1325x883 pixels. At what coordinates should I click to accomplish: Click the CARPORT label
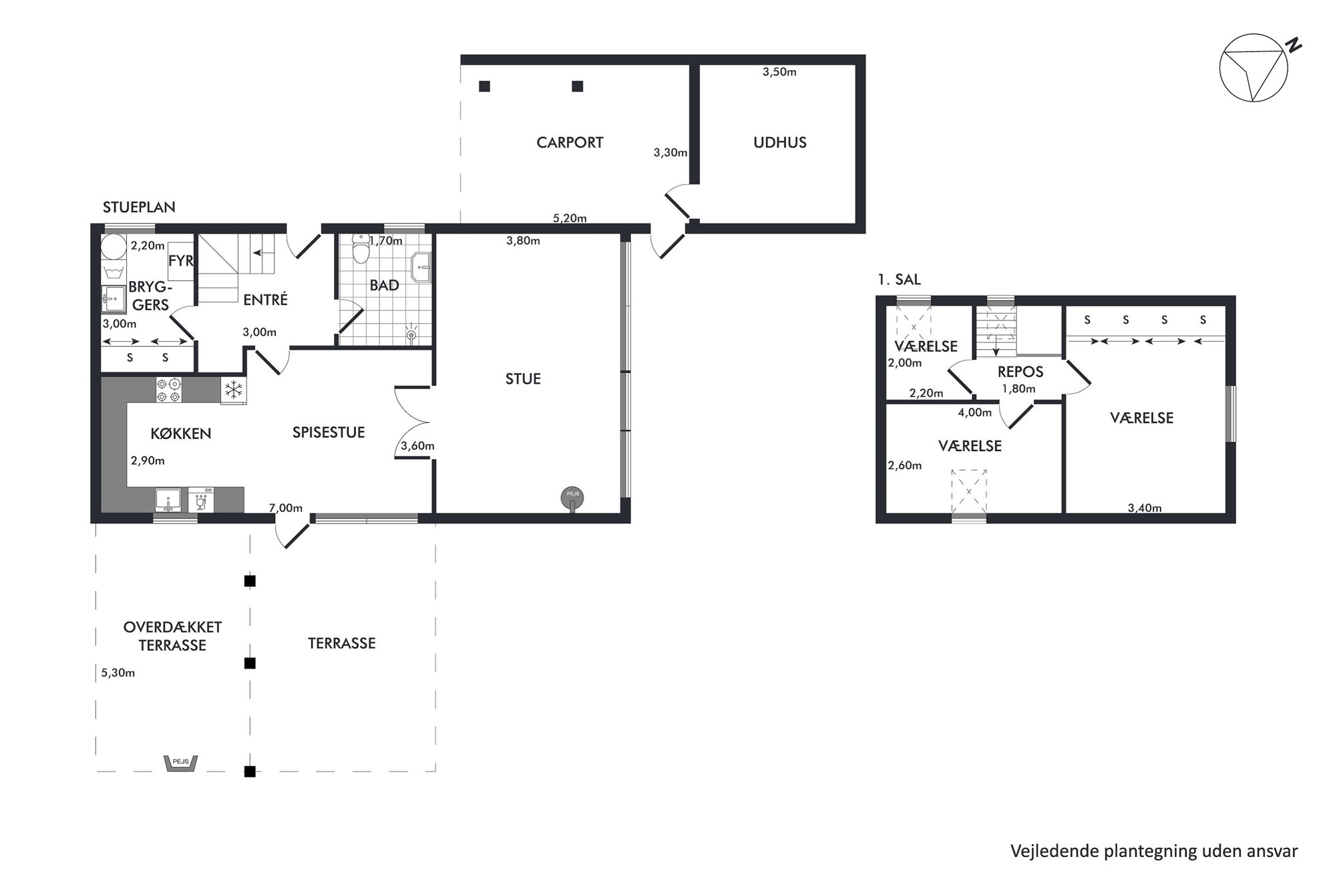pyautogui.click(x=570, y=142)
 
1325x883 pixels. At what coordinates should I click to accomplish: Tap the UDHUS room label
pyautogui.click(x=779, y=142)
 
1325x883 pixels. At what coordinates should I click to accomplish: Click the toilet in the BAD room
pyautogui.click(x=361, y=250)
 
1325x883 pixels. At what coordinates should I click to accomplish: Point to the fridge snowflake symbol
pyautogui.click(x=234, y=390)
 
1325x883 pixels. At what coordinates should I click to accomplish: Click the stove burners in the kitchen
pyautogui.click(x=168, y=390)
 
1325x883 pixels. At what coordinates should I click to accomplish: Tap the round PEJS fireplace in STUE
pyautogui.click(x=572, y=498)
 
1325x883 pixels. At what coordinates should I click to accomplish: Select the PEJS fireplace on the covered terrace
pyautogui.click(x=181, y=763)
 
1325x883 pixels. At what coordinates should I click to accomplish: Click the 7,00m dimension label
pyautogui.click(x=285, y=508)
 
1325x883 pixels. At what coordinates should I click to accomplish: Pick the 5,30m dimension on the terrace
pyautogui.click(x=118, y=673)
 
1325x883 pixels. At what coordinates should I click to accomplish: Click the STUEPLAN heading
pyautogui.click(x=139, y=207)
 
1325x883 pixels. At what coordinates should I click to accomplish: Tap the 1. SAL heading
pyautogui.click(x=899, y=280)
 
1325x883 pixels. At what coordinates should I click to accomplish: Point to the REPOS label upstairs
pyautogui.click(x=1020, y=372)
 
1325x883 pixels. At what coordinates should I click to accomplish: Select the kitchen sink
pyautogui.click(x=168, y=499)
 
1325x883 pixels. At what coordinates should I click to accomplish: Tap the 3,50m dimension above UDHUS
pyautogui.click(x=779, y=72)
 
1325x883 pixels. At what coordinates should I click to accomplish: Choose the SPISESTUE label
pyautogui.click(x=329, y=432)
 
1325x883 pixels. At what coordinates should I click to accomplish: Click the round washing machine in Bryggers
pyautogui.click(x=114, y=246)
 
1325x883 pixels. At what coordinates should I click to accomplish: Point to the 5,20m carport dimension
pyautogui.click(x=570, y=218)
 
